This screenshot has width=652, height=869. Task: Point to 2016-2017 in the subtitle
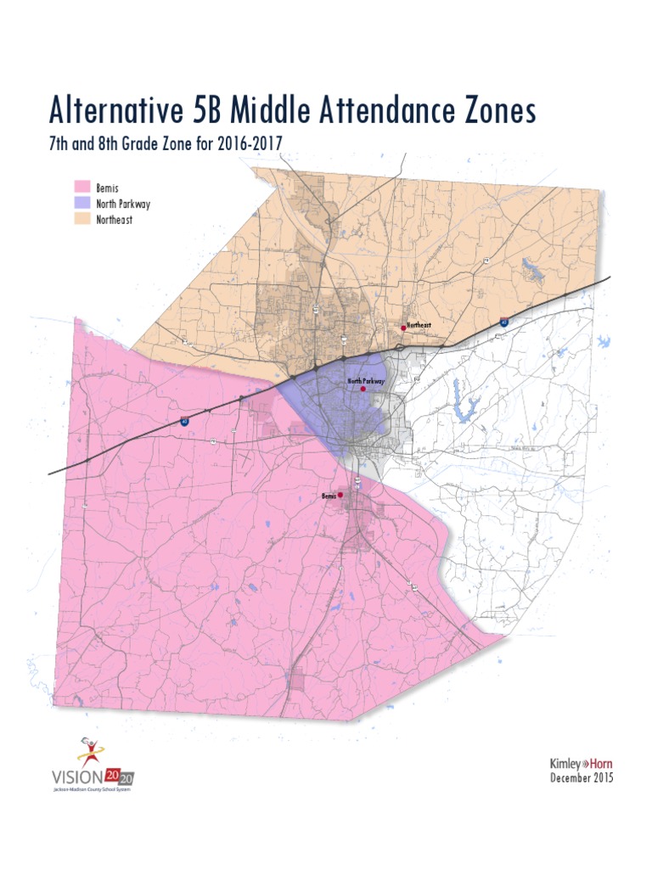click(x=250, y=144)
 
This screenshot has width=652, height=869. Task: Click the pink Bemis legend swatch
click(x=82, y=187)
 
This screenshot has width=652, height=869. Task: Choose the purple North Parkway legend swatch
click(x=82, y=203)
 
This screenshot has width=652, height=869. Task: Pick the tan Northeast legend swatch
click(x=82, y=219)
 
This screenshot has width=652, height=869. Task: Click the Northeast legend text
click(x=115, y=219)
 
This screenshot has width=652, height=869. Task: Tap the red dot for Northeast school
click(x=404, y=328)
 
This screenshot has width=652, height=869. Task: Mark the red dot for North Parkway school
click(x=363, y=390)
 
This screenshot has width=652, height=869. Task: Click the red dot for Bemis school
click(x=340, y=494)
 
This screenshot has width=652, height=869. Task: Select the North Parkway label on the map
click(x=366, y=382)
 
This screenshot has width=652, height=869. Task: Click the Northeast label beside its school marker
click(x=419, y=326)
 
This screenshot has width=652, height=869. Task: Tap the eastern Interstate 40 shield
click(x=504, y=322)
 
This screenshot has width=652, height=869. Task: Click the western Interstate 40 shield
click(x=185, y=420)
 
